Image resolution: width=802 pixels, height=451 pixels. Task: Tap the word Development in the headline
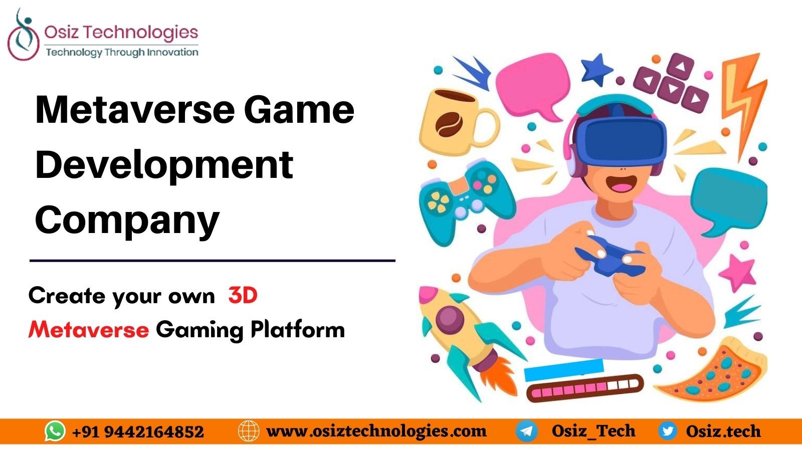point(164,165)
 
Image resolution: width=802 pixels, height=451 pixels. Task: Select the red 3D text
point(243,296)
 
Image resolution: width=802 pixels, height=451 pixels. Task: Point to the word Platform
point(298,330)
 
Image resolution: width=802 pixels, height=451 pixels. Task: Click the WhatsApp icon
point(55,431)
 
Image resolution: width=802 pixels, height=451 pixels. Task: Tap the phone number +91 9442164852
point(138,431)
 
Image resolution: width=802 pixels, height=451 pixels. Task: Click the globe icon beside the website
point(249,431)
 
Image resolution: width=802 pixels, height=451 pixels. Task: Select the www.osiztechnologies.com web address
point(376,431)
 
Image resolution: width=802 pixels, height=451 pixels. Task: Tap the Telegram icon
point(527,431)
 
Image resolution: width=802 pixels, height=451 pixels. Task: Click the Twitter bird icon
point(667,431)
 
